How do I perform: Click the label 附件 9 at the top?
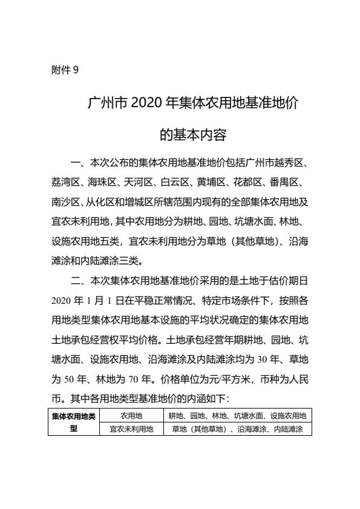(x=65, y=70)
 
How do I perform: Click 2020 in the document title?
(x=144, y=103)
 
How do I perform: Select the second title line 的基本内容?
(x=180, y=135)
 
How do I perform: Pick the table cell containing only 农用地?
(x=131, y=416)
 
